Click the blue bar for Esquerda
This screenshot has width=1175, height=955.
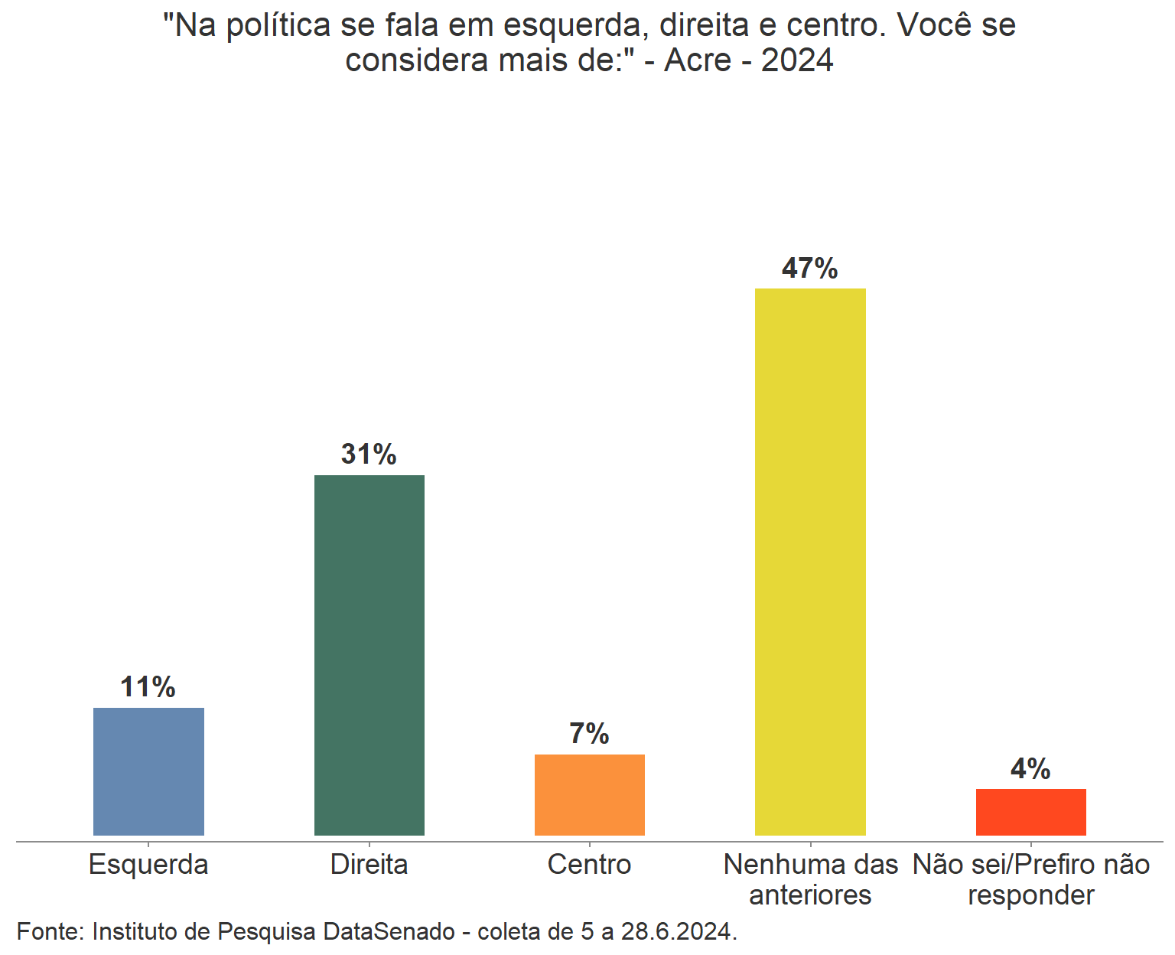coord(148,771)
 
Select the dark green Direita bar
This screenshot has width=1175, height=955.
coord(369,655)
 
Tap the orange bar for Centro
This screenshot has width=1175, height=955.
coord(589,794)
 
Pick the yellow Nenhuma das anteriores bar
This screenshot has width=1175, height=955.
coord(810,562)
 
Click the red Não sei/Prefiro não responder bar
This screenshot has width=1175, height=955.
coord(1030,812)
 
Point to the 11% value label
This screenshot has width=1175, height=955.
coord(148,687)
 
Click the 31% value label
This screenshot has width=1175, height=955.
coord(369,455)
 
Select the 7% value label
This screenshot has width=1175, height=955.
coord(589,734)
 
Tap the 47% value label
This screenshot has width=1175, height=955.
coord(810,269)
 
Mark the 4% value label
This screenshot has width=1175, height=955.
coord(1030,768)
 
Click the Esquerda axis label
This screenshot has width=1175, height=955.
coord(148,865)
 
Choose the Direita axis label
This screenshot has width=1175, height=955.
coord(369,865)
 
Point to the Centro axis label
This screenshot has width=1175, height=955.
coord(589,865)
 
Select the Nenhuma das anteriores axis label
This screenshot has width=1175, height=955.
coord(810,879)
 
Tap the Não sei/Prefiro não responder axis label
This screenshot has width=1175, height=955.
coord(1030,879)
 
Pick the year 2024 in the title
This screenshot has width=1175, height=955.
coord(797,60)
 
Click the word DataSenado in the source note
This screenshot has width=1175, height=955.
coord(389,932)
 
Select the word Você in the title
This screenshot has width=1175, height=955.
coord(935,26)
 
